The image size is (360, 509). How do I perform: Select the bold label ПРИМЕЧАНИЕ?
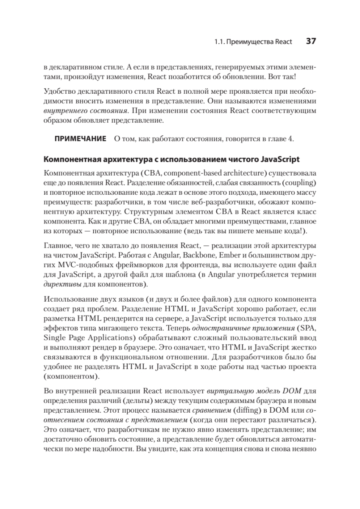[x=80, y=139]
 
